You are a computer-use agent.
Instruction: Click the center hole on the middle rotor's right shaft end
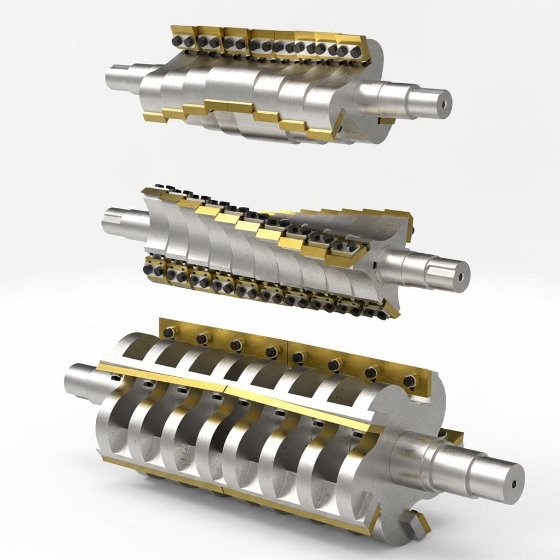461,277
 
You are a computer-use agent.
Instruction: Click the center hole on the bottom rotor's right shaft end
514,484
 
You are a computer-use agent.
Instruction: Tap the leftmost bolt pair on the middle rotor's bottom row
153,269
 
